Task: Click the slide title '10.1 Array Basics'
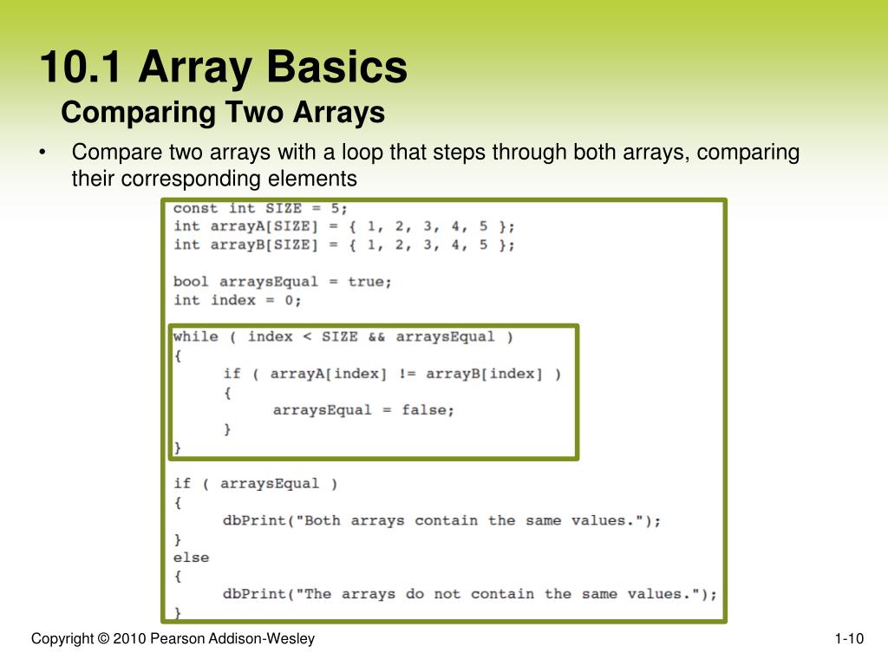tap(223, 69)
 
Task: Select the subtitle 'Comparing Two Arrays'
tap(223, 113)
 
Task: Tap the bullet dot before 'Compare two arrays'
tap(42, 153)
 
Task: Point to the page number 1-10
tap(849, 639)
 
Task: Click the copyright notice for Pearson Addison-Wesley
tap(173, 639)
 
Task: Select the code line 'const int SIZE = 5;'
tap(260, 208)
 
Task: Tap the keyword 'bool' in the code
tap(191, 282)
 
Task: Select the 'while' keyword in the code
tap(196, 336)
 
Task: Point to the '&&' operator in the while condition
tap(375, 336)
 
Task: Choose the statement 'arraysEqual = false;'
tap(363, 410)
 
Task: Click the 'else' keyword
tap(191, 557)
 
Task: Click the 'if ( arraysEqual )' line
tap(255, 484)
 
